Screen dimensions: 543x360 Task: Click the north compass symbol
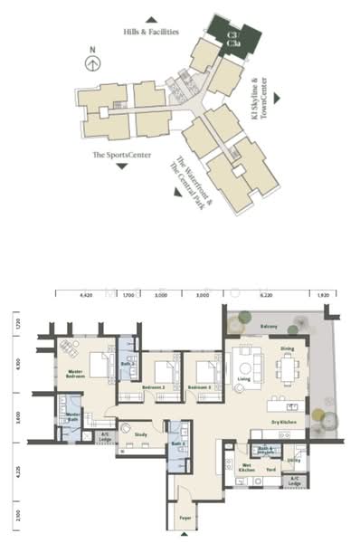click(91, 62)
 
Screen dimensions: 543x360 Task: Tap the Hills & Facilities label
click(151, 31)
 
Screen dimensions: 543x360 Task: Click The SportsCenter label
click(115, 155)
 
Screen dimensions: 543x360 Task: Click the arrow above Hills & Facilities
click(151, 18)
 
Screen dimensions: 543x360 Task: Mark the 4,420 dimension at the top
click(87, 295)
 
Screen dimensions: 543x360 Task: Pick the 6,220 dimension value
click(266, 295)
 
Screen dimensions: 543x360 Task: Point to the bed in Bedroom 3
click(205, 371)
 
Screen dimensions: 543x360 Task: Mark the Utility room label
click(293, 461)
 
